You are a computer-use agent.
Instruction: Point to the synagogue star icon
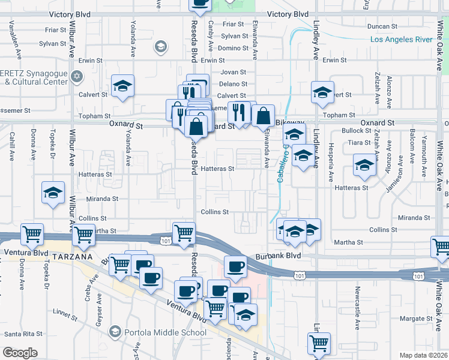point(76,76)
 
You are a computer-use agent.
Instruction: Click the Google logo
point(20,353)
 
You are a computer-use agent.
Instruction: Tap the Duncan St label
point(383,26)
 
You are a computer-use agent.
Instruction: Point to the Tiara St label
point(359,143)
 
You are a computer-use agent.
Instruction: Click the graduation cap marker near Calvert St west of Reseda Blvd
point(122,86)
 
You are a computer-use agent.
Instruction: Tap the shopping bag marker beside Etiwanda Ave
point(263,115)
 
